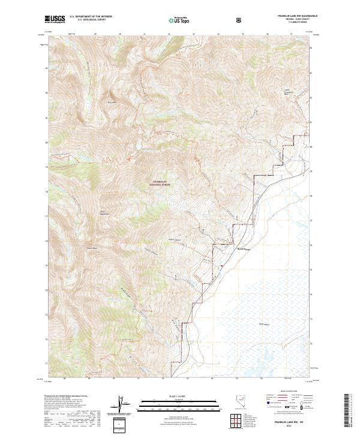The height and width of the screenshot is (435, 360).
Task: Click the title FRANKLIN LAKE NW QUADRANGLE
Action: [292, 16]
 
